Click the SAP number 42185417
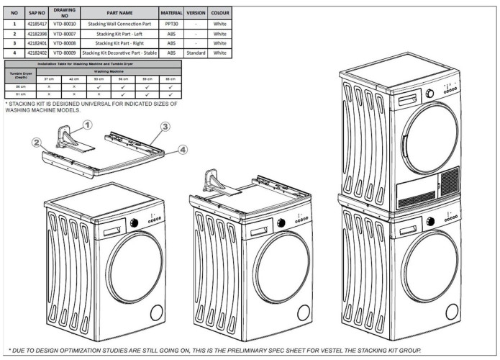[37, 24]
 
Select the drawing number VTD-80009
[65, 53]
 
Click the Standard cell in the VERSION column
[196, 53]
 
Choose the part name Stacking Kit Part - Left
[119, 33]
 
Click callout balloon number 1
[87, 125]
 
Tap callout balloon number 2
[35, 143]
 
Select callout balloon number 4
[183, 149]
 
